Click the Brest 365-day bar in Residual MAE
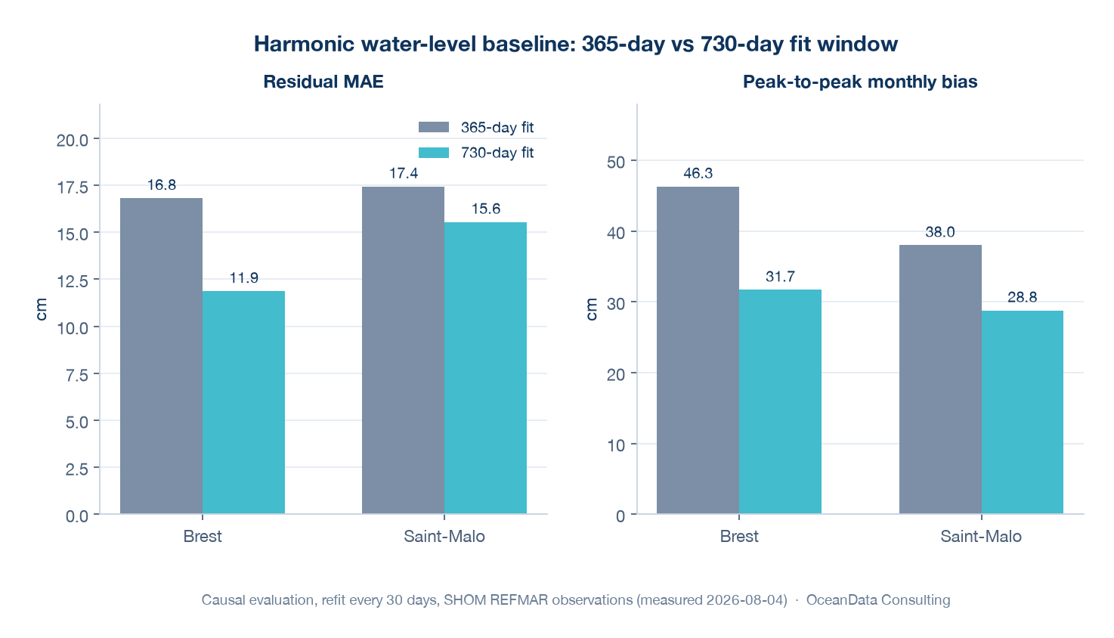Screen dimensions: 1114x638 click(x=161, y=355)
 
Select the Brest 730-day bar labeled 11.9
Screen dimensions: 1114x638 click(x=243, y=402)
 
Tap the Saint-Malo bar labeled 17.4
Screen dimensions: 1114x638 click(x=403, y=350)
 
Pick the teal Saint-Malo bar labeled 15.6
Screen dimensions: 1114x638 click(x=485, y=368)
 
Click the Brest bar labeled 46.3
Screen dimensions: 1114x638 click(x=698, y=350)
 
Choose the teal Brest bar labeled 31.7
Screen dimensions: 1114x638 click(x=780, y=402)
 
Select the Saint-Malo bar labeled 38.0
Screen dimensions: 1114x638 click(x=940, y=379)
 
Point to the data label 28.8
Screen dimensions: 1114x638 click(x=1022, y=297)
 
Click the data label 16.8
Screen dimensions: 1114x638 click(x=162, y=185)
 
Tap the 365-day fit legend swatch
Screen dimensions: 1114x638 click(x=434, y=127)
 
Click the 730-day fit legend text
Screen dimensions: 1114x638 click(x=497, y=153)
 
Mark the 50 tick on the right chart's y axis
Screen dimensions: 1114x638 click(x=616, y=162)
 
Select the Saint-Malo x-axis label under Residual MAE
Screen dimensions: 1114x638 click(x=444, y=537)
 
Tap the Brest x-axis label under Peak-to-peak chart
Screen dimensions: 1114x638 click(x=739, y=537)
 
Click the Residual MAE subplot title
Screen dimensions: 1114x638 click(x=323, y=82)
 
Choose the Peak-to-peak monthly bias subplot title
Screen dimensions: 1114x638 click(x=860, y=82)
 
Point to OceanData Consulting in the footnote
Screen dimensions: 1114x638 click(x=877, y=600)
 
